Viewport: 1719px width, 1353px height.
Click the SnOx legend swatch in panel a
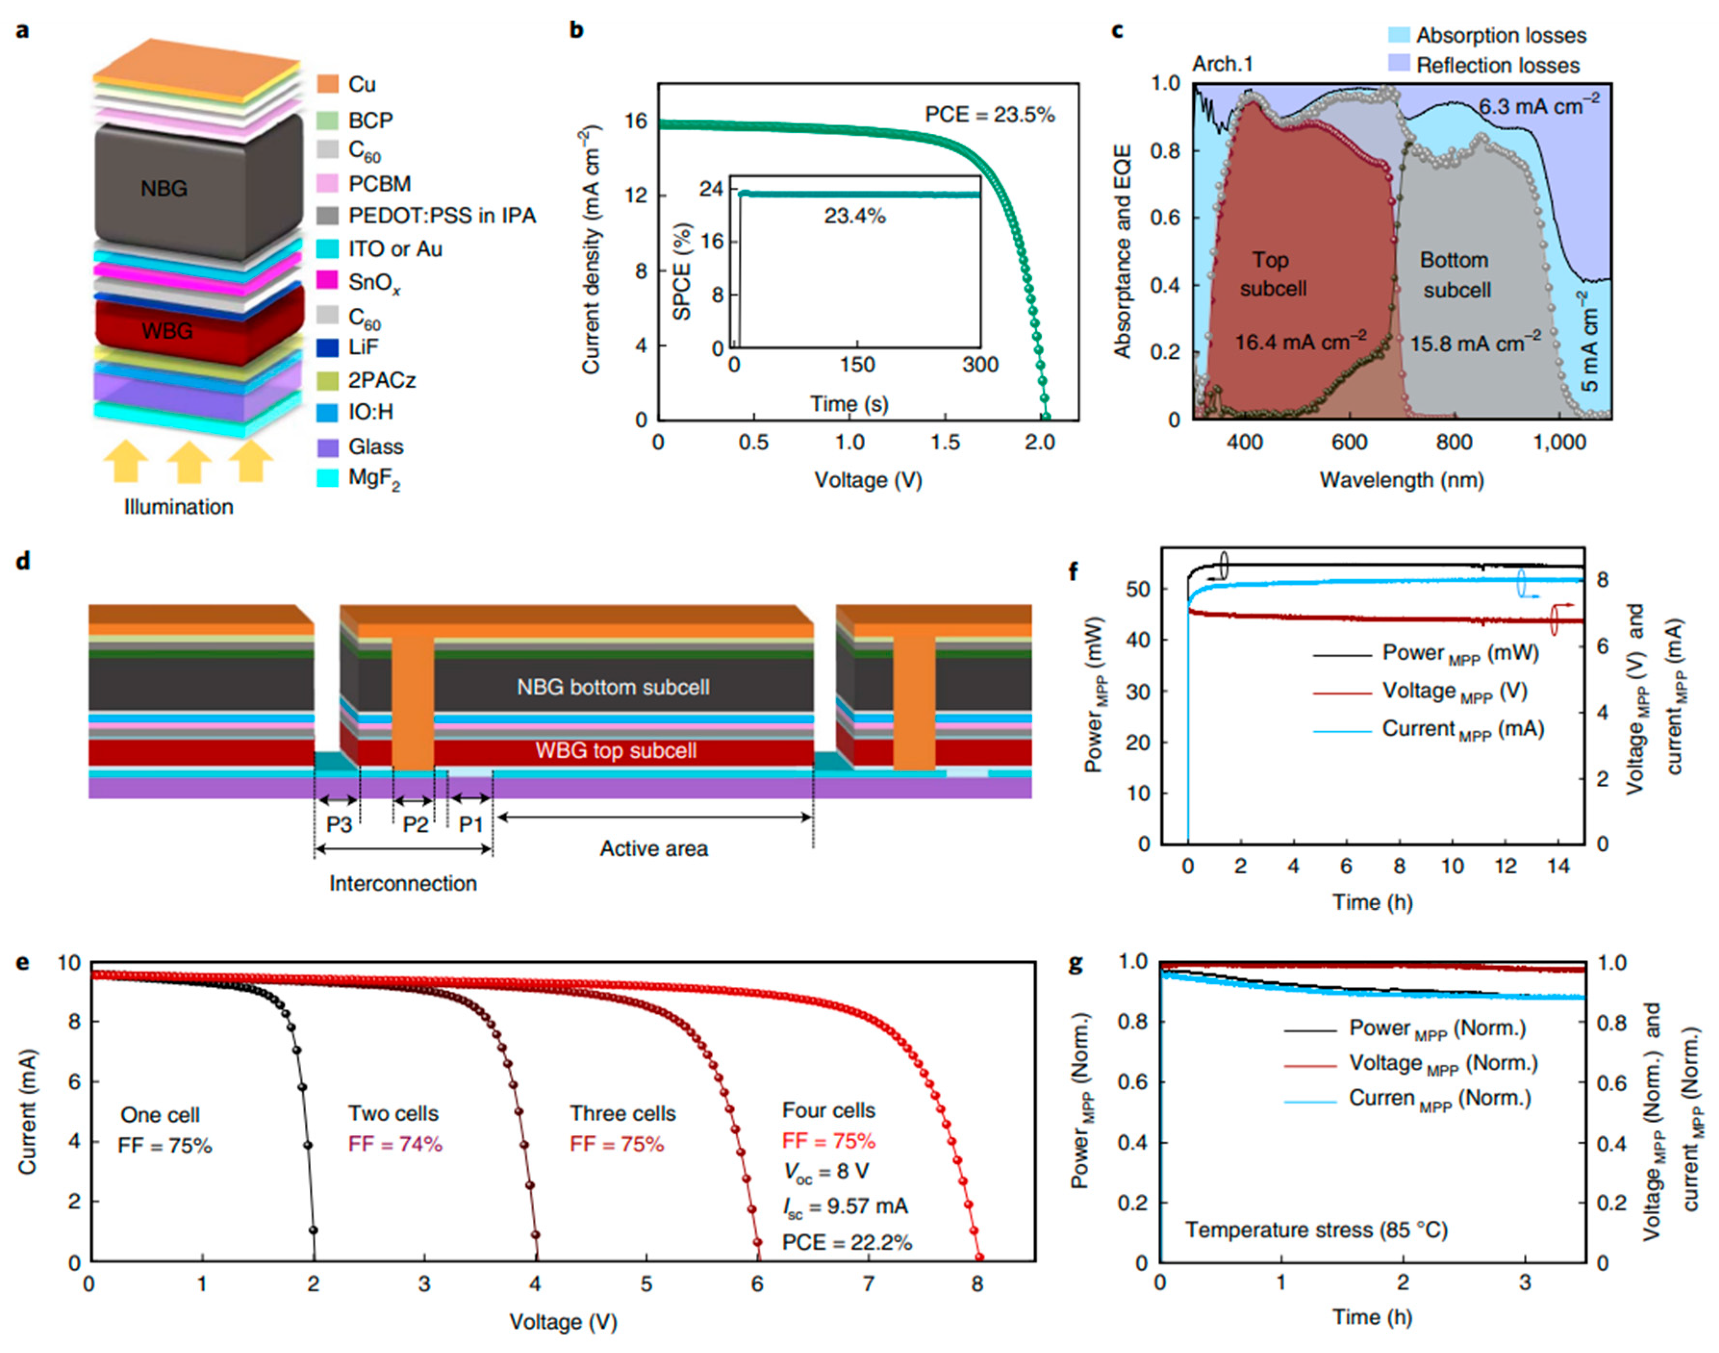click(x=327, y=281)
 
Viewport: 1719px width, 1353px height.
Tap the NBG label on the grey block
click(x=164, y=189)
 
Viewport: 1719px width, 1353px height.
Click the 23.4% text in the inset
click(x=854, y=216)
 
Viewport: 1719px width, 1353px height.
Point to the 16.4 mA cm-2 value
click(x=1299, y=342)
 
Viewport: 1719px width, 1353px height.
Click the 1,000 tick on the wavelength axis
click(x=1558, y=443)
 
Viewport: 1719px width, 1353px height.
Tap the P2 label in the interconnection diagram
click(x=415, y=825)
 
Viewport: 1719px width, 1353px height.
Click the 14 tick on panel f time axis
click(x=1557, y=867)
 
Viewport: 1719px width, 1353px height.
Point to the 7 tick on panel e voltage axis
click(x=869, y=1283)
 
